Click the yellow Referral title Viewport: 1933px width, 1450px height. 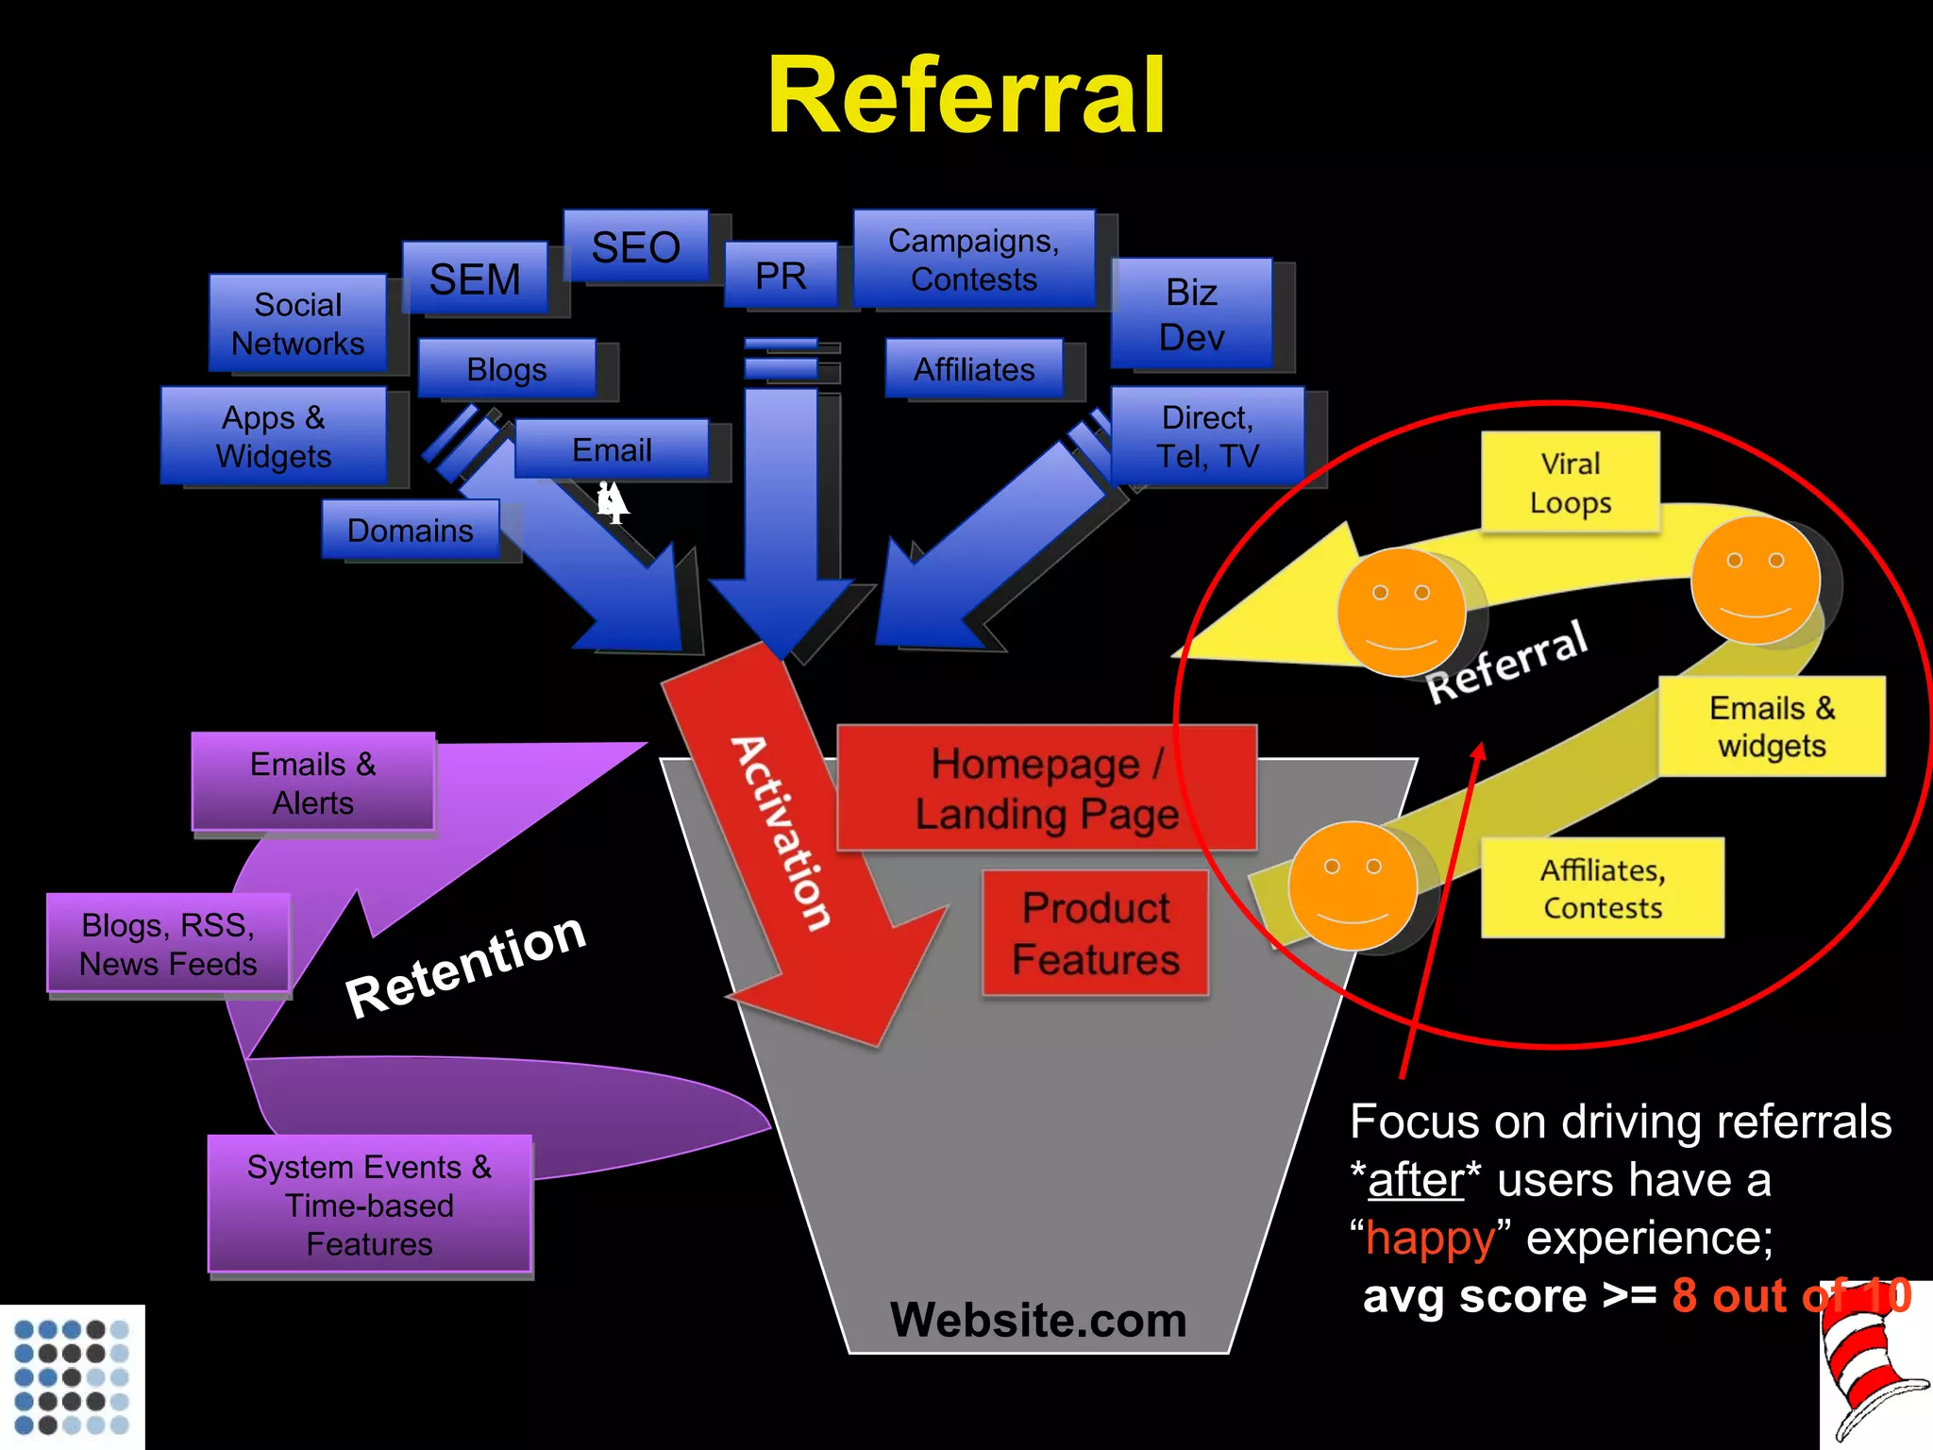click(x=966, y=96)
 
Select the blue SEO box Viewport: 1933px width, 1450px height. click(x=635, y=246)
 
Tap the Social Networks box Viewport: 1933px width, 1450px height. click(x=297, y=324)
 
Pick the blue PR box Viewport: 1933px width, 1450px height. click(x=781, y=275)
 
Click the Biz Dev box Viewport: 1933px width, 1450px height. click(x=1191, y=314)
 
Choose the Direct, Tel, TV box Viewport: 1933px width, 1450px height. click(x=1207, y=436)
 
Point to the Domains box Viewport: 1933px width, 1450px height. click(x=410, y=530)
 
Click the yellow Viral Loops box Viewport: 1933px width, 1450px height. click(x=1570, y=482)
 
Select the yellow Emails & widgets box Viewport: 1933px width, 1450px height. click(x=1771, y=726)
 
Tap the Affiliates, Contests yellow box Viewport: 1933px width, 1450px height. click(x=1602, y=887)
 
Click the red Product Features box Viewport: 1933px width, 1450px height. click(x=1095, y=933)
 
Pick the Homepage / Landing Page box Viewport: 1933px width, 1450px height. click(x=1046, y=788)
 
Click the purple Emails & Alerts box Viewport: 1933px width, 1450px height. click(x=312, y=783)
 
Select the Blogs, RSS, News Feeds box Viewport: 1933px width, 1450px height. click(x=168, y=943)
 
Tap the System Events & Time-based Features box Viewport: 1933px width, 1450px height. click(x=369, y=1205)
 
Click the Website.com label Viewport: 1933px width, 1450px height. click(x=1037, y=1319)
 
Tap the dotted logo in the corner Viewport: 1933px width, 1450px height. click(x=72, y=1377)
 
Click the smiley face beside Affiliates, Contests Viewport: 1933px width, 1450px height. click(x=1353, y=885)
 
